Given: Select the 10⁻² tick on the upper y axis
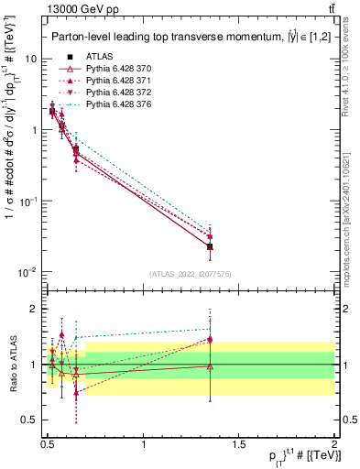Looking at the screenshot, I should click(30, 272).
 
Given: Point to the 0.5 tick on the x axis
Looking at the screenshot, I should click(48, 444).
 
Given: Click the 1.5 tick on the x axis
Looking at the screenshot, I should click(239, 444).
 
